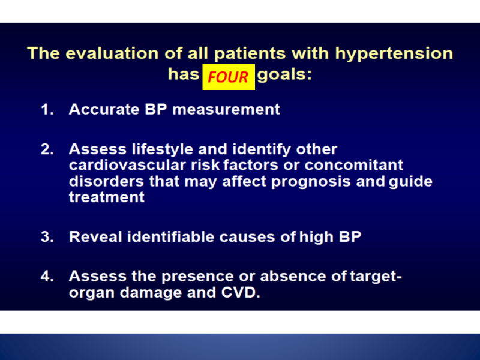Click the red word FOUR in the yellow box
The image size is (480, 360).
pyautogui.click(x=228, y=77)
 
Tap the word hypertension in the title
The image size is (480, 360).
pyautogui.click(x=394, y=54)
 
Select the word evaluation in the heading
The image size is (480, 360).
pyautogui.click(x=112, y=53)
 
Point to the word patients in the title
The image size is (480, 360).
pyautogui.click(x=250, y=54)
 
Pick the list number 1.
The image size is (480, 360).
pyautogui.click(x=47, y=110)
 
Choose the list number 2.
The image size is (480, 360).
pyautogui.click(x=47, y=149)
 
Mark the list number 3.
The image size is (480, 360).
pyautogui.click(x=47, y=237)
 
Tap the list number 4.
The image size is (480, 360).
pyautogui.click(x=47, y=276)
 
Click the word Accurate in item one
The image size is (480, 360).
pyautogui.click(x=104, y=109)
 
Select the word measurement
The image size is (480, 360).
pyautogui.click(x=226, y=110)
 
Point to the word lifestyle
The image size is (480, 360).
pyautogui.click(x=162, y=149)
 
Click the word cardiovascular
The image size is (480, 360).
pyautogui.click(x=127, y=165)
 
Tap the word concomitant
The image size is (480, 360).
pyautogui.click(x=354, y=165)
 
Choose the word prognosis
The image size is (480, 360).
pyautogui.click(x=311, y=182)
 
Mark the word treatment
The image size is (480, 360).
pyautogui.click(x=107, y=197)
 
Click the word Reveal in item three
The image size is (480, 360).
pyautogui.click(x=95, y=236)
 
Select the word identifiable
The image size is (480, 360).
pyautogui.click(x=170, y=236)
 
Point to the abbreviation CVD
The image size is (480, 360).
pyautogui.click(x=241, y=292)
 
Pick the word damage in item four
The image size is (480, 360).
pyautogui.click(x=151, y=293)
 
